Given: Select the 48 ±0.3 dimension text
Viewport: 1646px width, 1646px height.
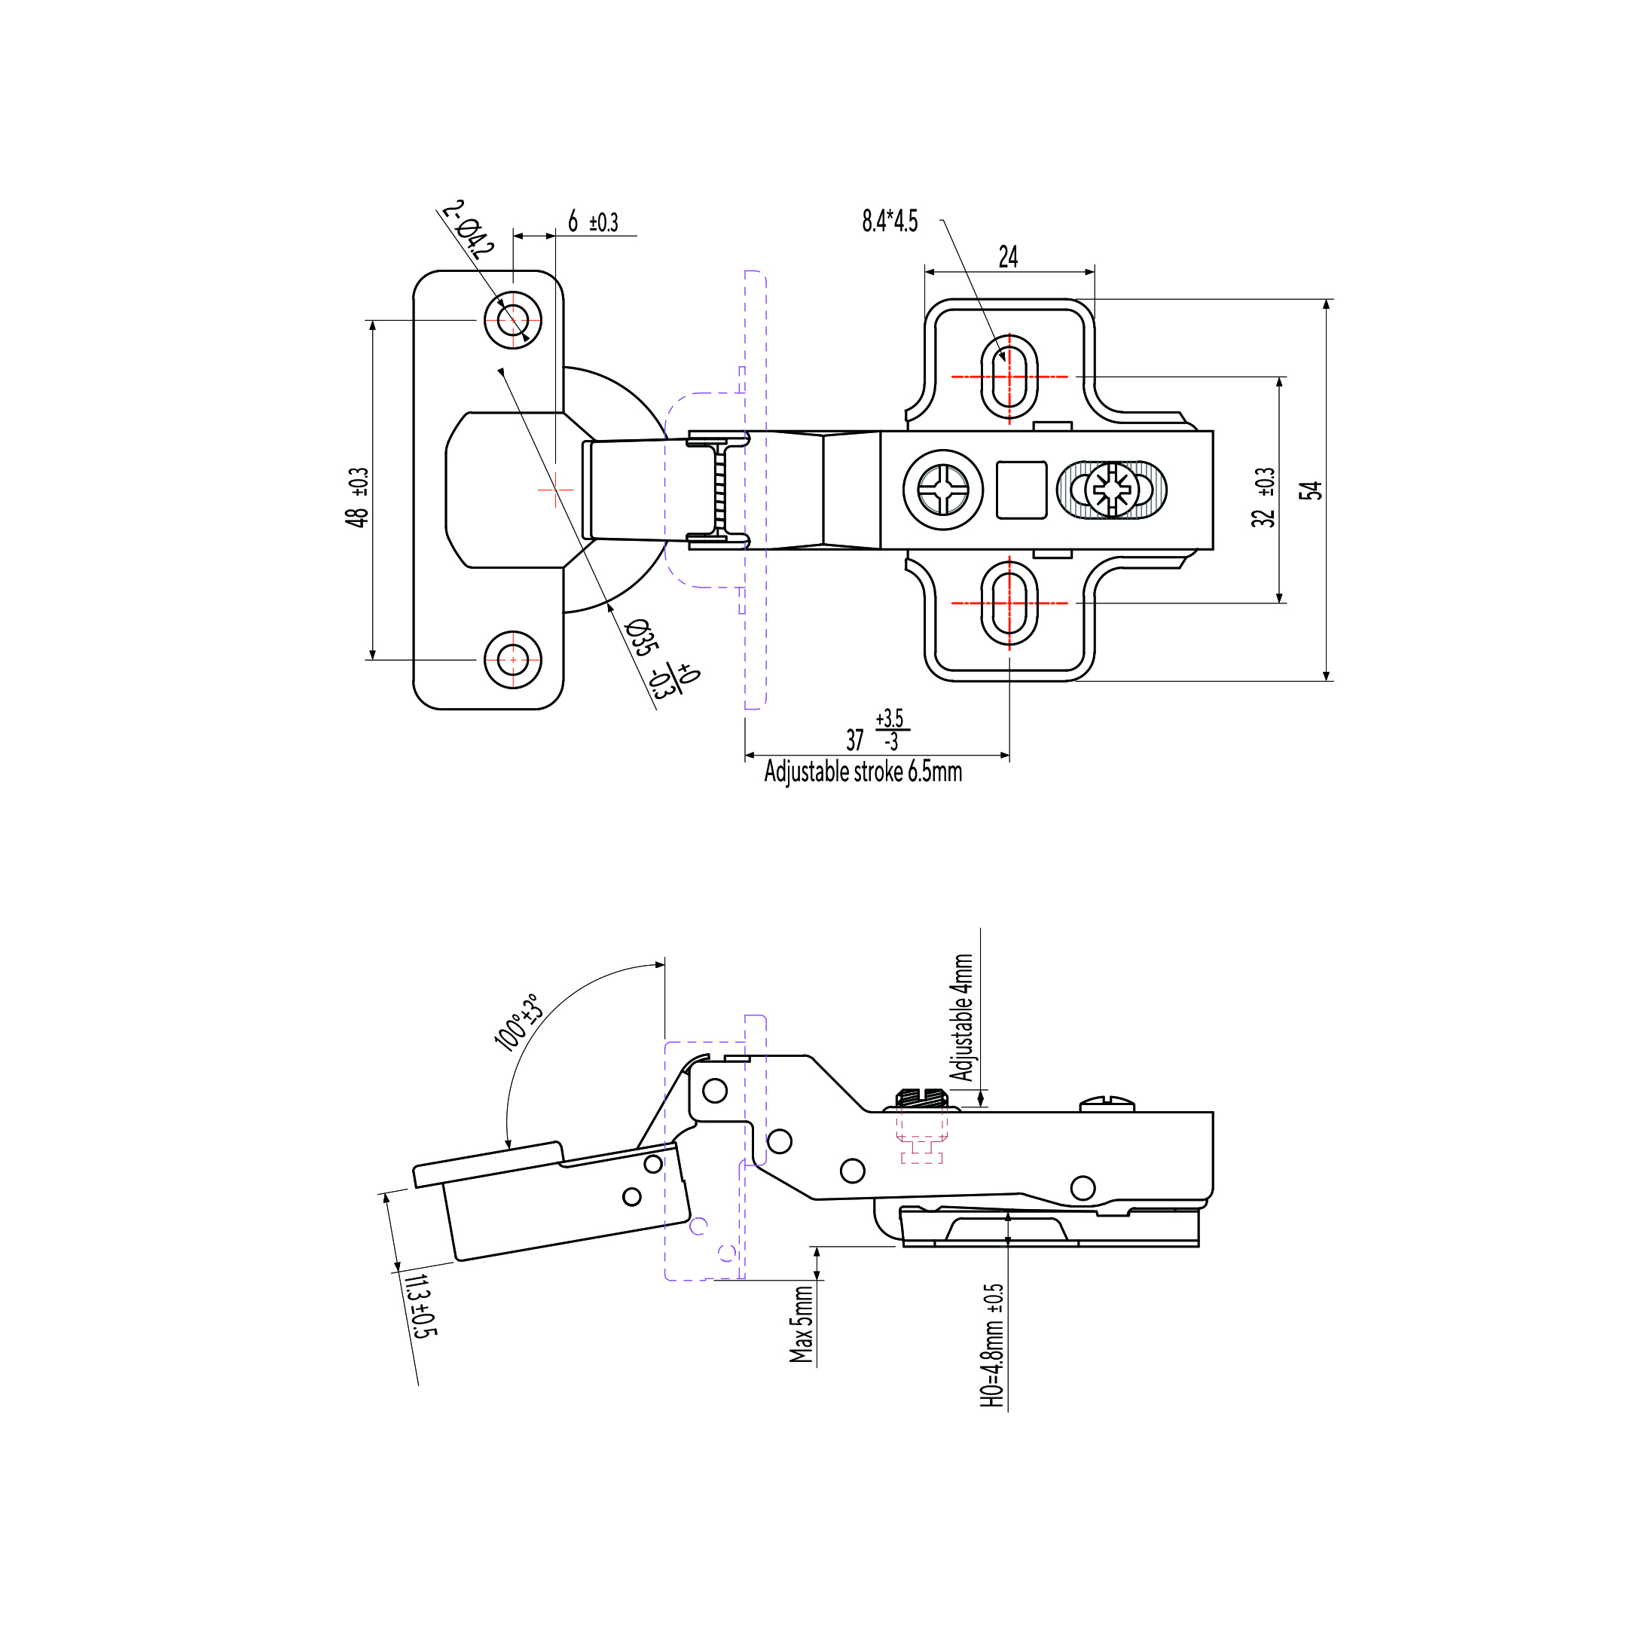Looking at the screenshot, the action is [x=358, y=497].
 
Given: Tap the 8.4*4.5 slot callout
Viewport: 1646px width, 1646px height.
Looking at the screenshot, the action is [x=890, y=221].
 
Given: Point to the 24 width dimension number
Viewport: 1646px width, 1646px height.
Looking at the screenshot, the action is [x=1008, y=256].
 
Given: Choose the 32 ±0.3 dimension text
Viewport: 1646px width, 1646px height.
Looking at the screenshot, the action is [x=1263, y=497].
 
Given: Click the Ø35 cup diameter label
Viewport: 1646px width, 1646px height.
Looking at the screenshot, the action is [x=642, y=637].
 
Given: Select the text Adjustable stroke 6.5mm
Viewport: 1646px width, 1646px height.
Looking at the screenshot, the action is [x=863, y=772].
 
